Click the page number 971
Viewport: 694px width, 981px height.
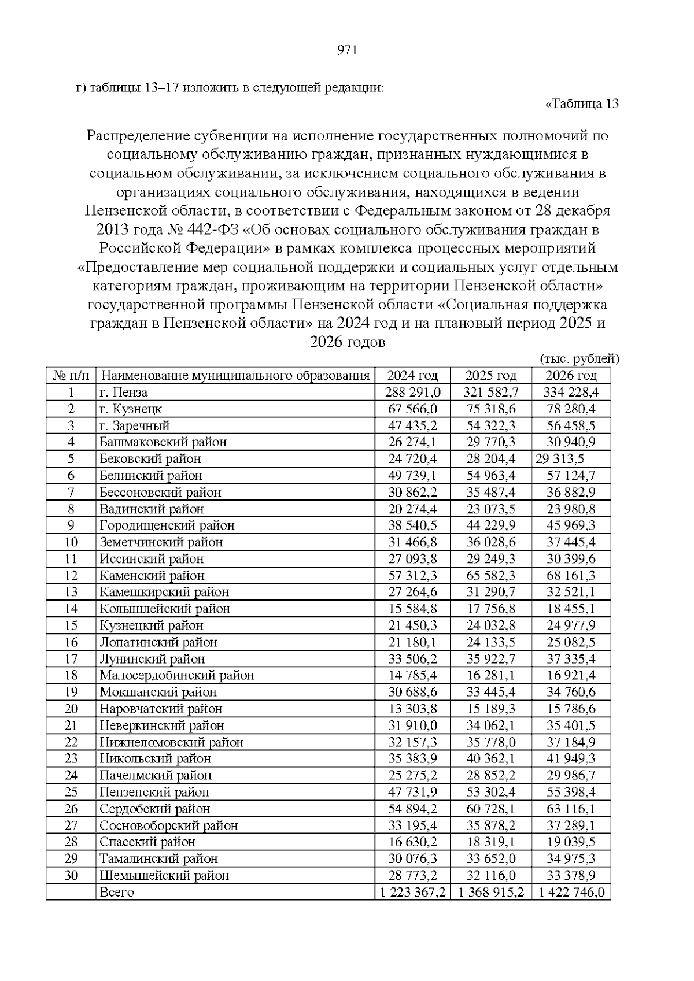coord(347,50)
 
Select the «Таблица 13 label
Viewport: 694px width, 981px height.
coord(582,105)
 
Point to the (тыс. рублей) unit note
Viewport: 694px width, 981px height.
coord(579,359)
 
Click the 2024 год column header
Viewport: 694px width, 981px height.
coord(412,376)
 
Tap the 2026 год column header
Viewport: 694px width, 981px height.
coord(571,376)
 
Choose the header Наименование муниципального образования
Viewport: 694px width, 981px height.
coord(235,376)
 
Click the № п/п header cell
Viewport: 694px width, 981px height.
coord(71,376)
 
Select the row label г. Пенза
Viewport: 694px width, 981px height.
coord(123,393)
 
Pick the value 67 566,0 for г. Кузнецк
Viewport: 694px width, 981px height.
coord(412,409)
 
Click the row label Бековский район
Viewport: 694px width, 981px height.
coord(150,459)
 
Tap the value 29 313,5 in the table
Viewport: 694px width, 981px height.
coord(560,459)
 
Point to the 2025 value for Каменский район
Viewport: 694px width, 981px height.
coord(491,576)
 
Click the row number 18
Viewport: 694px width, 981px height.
coord(71,675)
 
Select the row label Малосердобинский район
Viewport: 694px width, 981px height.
coord(176,675)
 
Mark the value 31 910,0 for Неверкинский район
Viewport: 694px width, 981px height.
coord(412,725)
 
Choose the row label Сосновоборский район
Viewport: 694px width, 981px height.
coord(168,825)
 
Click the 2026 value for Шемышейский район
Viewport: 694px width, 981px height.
coord(570,875)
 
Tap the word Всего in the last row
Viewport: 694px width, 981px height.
coord(117,892)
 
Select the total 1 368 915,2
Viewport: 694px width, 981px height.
coord(491,892)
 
